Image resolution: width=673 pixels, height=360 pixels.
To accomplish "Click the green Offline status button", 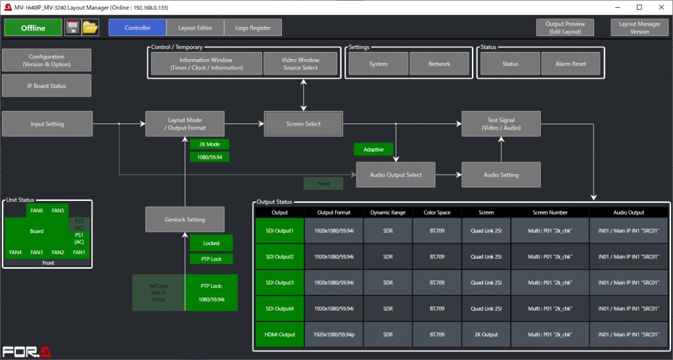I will pyautogui.click(x=33, y=28).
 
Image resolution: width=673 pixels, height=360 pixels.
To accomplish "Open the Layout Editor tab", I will pyautogui.click(x=195, y=28).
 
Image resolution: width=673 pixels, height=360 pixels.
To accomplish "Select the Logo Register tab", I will pyautogui.click(x=253, y=28).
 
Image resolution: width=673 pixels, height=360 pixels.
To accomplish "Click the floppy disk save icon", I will pyautogui.click(x=72, y=28).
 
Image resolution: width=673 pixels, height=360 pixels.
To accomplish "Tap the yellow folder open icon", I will pyautogui.click(x=90, y=28).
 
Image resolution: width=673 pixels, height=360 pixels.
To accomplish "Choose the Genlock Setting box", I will pyautogui.click(x=185, y=219).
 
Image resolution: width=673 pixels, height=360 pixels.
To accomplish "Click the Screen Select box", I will pyautogui.click(x=304, y=124).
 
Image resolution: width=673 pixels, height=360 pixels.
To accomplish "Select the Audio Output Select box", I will pyautogui.click(x=396, y=175).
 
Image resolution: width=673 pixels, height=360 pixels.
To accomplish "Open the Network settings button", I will pyautogui.click(x=439, y=64).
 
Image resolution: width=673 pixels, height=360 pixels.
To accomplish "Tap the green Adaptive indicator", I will pyautogui.click(x=373, y=149).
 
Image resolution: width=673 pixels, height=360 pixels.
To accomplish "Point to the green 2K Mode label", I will pyautogui.click(x=209, y=144).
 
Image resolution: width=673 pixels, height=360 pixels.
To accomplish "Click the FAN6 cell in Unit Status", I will pyautogui.click(x=36, y=210).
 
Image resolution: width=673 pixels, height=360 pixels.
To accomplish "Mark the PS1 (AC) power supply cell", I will pyautogui.click(x=79, y=238).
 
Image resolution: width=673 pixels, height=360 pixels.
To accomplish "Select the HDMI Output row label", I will pyautogui.click(x=279, y=334).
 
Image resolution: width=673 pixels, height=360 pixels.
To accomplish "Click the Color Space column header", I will pyautogui.click(x=436, y=212).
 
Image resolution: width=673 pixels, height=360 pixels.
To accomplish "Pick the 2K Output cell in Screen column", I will pyautogui.click(x=486, y=334).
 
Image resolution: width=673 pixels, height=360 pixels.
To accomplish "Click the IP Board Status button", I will pyautogui.click(x=46, y=85).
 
